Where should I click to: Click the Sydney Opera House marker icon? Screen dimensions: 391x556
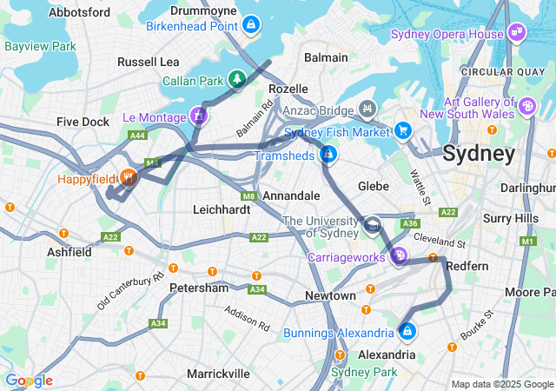pos(518,33)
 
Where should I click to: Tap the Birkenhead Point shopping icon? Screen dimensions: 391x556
pos(251,24)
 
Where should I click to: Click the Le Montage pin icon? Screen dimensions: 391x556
pos(199,115)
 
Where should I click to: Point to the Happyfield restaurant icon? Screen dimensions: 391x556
pos(129,178)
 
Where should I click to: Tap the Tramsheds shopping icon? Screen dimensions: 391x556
pos(328,155)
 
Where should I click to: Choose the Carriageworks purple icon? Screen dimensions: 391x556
pos(399,255)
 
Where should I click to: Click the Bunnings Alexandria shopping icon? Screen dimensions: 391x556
pos(407,331)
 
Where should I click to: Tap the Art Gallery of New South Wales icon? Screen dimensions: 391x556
pos(526,106)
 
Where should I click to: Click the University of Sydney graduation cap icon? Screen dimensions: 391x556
pos(372,226)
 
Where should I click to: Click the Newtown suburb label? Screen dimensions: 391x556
pos(330,296)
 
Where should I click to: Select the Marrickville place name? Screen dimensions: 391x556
pos(219,374)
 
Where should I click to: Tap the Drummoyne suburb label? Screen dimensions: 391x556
pos(203,10)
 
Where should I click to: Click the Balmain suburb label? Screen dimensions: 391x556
pos(326,57)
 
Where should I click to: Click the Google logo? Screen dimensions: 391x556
pos(28,381)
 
